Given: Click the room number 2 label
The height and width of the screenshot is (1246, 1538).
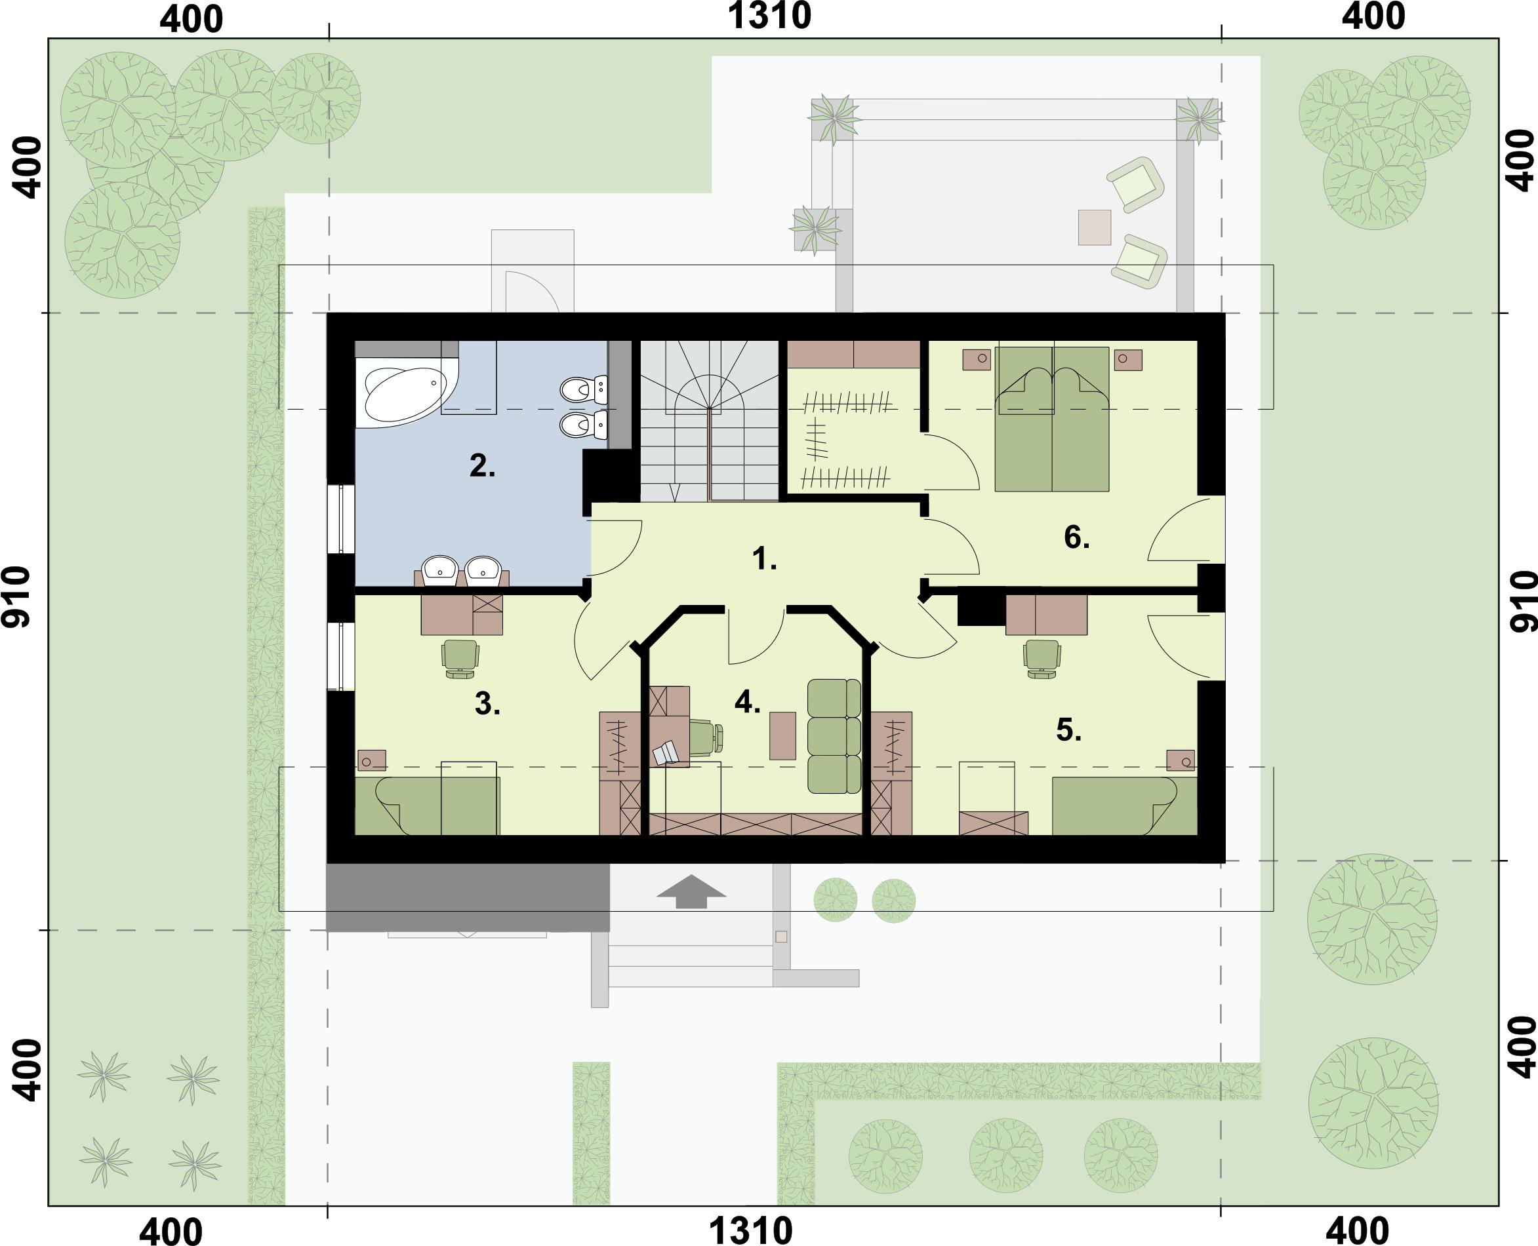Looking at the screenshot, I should point(482,467).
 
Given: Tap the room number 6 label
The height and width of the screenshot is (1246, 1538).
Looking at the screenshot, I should point(1076,537).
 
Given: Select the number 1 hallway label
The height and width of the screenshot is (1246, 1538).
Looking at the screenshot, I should point(764,559).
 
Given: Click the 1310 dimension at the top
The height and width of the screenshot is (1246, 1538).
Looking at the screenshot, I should point(769,16).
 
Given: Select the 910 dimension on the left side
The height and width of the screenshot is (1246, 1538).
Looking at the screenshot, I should point(16,597).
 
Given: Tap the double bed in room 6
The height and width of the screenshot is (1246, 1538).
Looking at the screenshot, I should point(1052,420).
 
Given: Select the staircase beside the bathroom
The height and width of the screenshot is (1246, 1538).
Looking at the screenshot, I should point(709,420).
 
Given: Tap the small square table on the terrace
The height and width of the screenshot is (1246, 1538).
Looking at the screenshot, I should point(1093,227).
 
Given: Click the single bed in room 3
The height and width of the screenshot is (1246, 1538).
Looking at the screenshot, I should point(427,806).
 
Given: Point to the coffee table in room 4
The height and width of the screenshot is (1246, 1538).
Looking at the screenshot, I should point(782,735).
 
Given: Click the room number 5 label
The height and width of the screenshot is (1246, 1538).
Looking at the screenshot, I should point(1068,730).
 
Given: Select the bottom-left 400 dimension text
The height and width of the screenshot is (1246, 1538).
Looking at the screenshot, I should point(171,1230).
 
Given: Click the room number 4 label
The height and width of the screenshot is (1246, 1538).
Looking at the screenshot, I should point(747,702).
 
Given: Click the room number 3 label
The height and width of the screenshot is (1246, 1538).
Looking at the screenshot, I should point(487,704).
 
